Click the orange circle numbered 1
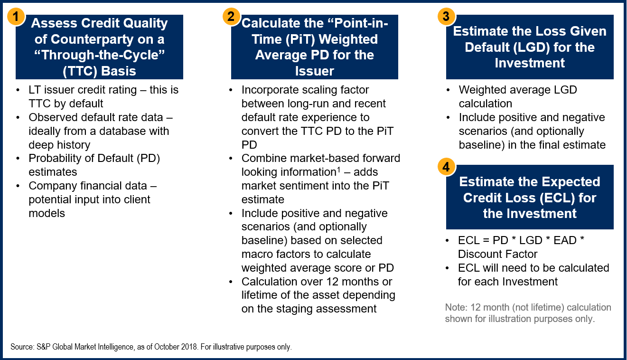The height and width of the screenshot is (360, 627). point(16,17)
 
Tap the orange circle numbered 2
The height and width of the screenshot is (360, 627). point(231,17)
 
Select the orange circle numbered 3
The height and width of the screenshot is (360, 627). point(447,17)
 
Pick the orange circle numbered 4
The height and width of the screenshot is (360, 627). point(447,167)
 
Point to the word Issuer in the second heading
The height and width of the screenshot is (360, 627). point(314,71)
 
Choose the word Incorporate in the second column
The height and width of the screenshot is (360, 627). point(272,90)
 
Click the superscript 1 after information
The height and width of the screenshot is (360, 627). point(339,170)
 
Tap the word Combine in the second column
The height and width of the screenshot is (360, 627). point(264,158)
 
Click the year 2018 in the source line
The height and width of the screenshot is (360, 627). point(189,347)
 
